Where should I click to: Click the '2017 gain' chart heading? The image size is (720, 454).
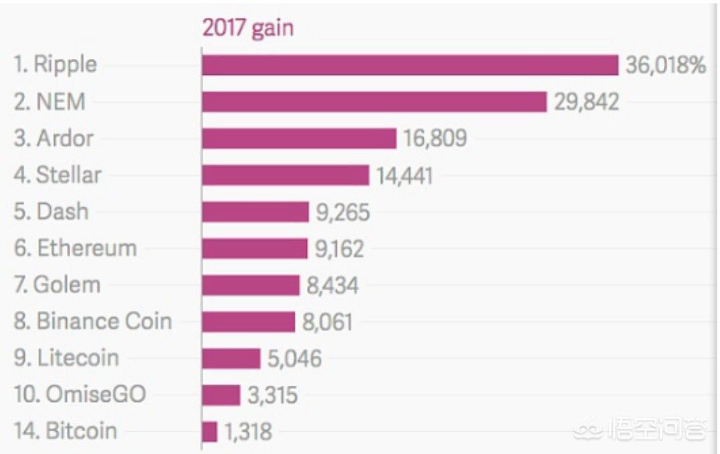[x=247, y=29]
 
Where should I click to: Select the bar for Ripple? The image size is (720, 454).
[x=410, y=65]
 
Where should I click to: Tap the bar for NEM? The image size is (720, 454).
[x=374, y=102]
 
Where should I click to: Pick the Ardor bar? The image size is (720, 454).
[x=299, y=138]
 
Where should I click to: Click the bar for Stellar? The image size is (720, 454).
[x=285, y=175]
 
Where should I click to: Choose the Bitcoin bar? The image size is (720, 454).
[x=210, y=431]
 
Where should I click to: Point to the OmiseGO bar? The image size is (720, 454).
[x=221, y=394]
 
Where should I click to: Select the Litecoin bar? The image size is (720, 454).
[x=231, y=358]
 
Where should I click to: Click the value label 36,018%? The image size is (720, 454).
[x=666, y=65]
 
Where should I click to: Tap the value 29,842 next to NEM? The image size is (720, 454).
[x=586, y=102]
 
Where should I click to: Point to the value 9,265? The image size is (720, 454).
[x=342, y=212]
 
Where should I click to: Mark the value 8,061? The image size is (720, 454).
[x=327, y=322]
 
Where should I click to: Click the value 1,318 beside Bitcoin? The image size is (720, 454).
[x=248, y=431]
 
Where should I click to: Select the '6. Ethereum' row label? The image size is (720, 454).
[x=76, y=248]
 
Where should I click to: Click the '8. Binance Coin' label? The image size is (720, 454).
[x=93, y=321]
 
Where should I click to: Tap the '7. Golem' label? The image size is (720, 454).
[x=57, y=285]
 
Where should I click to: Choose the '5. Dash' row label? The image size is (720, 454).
[x=51, y=211]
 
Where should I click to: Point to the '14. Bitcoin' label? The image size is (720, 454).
[x=66, y=431]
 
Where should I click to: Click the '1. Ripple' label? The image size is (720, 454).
[x=55, y=64]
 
